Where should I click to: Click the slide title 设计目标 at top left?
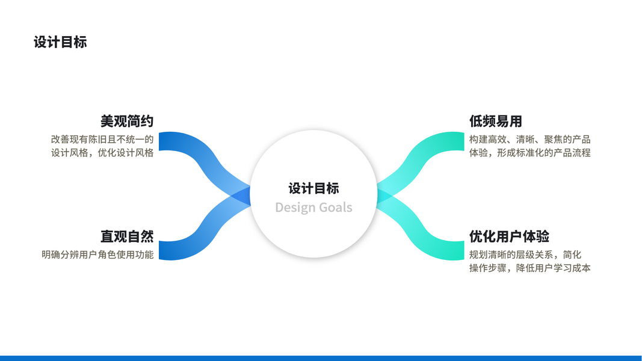point(60,42)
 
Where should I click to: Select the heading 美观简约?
point(127,121)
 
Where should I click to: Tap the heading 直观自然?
point(127,236)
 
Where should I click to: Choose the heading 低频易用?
point(495,121)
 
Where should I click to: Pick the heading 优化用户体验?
point(509,236)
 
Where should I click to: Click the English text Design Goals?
point(313,208)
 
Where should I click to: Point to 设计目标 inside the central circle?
point(313,188)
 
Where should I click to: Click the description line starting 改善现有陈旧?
point(102,140)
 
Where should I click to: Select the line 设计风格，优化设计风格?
point(102,153)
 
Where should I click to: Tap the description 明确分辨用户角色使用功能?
point(97,255)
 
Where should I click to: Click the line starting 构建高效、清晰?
point(529,140)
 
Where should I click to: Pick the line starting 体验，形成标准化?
point(529,153)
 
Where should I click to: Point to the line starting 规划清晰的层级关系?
point(525,255)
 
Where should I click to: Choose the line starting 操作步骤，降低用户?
point(529,268)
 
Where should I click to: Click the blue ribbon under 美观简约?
point(181,144)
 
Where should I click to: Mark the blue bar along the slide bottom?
point(321,358)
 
